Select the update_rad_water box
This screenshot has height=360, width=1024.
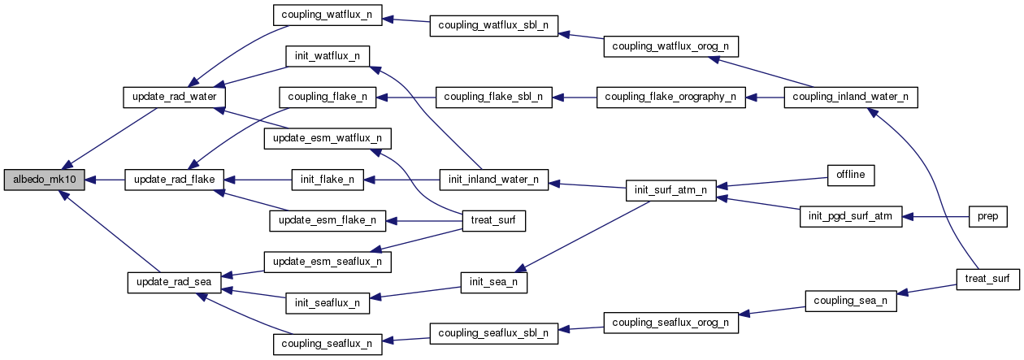pos(168,97)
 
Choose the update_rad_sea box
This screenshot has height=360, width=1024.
pos(170,282)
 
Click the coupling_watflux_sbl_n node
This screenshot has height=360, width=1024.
pos(493,25)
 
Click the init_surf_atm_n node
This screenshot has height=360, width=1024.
pos(670,191)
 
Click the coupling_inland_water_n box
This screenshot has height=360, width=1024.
pos(850,97)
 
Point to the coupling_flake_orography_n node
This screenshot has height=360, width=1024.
pos(670,97)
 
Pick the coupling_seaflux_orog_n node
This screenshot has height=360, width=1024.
pos(670,321)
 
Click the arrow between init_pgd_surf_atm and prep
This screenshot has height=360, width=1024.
pos(935,217)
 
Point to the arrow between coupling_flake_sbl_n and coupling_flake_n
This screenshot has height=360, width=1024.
pos(406,97)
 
